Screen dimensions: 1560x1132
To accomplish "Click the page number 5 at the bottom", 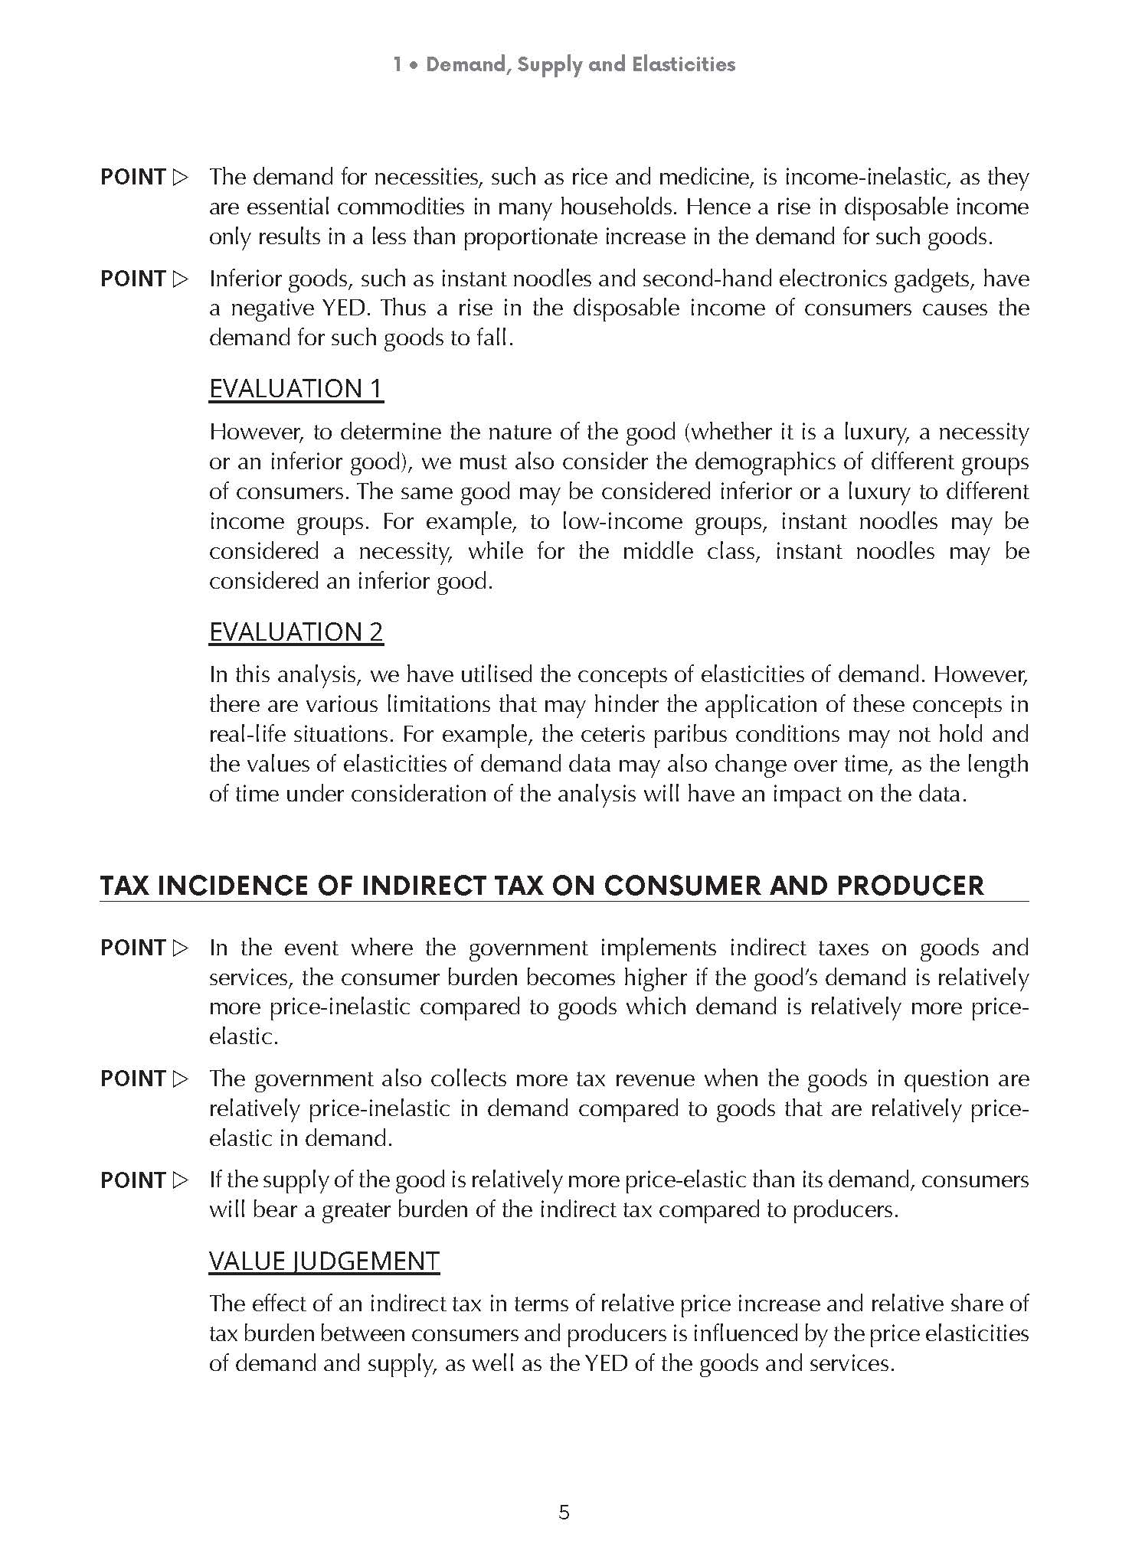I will coord(564,1513).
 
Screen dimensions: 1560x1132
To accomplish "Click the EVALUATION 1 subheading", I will coord(296,389).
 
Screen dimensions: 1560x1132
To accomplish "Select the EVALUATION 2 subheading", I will coord(296,632).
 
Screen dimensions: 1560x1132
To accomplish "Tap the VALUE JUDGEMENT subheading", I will coord(324,1261).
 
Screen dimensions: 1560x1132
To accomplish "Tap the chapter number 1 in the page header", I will coord(398,64).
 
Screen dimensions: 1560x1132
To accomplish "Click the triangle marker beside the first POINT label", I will coord(180,178).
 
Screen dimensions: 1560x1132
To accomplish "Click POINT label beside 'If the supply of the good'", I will coord(133,1180).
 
